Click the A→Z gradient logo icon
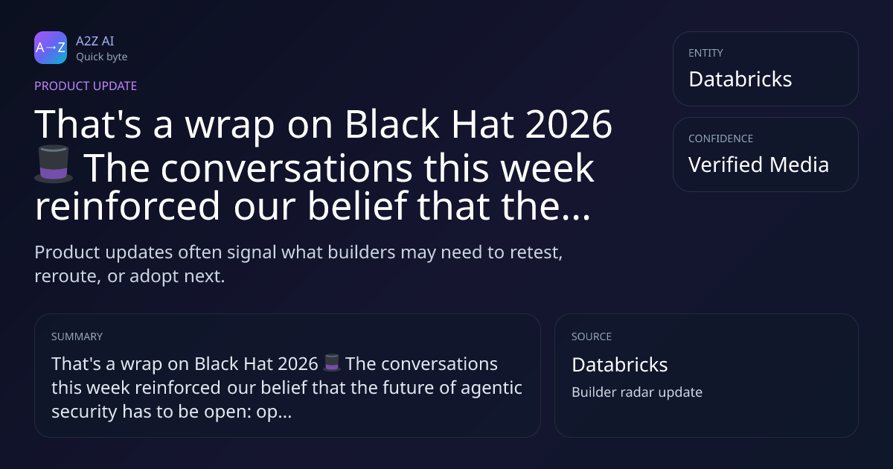click(51, 48)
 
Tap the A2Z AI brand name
click(95, 41)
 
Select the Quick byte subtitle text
click(102, 57)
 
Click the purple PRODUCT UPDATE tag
click(86, 86)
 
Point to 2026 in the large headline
click(569, 124)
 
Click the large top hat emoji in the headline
click(54, 164)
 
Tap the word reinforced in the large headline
click(127, 205)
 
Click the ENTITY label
click(705, 53)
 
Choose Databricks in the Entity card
click(740, 79)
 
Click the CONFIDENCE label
click(721, 138)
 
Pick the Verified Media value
click(758, 165)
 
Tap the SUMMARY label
click(77, 336)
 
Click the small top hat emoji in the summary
click(332, 363)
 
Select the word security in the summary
click(84, 412)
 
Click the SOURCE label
click(592, 336)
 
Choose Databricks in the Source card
click(619, 365)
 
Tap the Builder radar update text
click(637, 392)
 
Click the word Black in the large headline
click(392, 124)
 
